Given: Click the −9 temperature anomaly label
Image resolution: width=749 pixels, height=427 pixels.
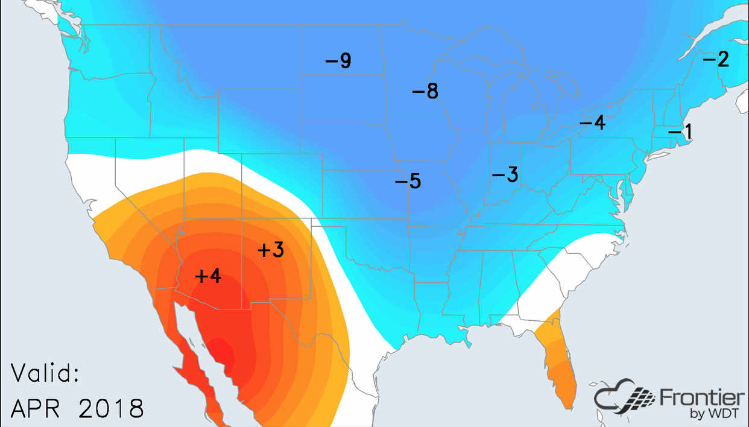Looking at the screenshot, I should [338, 61].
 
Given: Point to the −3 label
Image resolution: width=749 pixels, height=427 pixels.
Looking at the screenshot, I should [505, 175].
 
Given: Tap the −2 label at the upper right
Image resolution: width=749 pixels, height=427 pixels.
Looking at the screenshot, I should [716, 59].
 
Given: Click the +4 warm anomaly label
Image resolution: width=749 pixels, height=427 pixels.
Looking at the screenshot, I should [209, 276].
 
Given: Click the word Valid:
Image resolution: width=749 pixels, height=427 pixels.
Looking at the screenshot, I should [46, 373].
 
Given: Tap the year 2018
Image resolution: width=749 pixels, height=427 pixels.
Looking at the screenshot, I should [112, 408].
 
